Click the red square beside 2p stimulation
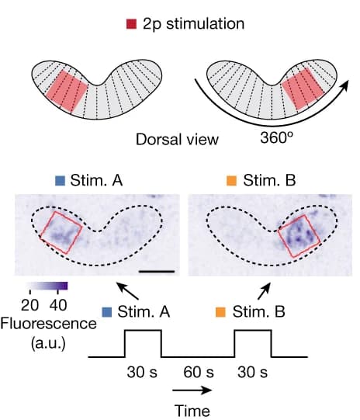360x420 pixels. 131,24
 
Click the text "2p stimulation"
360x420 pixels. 193,24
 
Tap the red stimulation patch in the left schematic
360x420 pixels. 67,92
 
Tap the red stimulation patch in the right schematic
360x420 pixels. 303,89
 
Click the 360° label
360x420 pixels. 276,137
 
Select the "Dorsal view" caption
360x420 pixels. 177,140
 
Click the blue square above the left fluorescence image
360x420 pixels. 60,181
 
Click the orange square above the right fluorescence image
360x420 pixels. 231,181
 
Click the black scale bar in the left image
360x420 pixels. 157,272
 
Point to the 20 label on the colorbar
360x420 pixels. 29,305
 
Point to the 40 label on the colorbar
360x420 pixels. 58,305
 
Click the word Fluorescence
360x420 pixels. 48,324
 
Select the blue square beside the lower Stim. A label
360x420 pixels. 107,312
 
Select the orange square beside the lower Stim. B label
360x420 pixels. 221,312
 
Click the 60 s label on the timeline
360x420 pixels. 199,373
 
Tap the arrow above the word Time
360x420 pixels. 192,390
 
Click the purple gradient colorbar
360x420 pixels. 47,286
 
